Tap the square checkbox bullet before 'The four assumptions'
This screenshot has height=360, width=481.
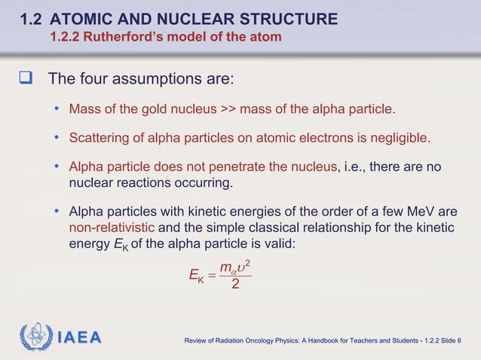tap(26, 79)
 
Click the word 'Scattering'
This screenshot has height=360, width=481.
tap(98, 138)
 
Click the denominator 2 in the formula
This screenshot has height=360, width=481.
tap(236, 285)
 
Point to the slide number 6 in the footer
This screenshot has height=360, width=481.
tap(460, 343)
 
